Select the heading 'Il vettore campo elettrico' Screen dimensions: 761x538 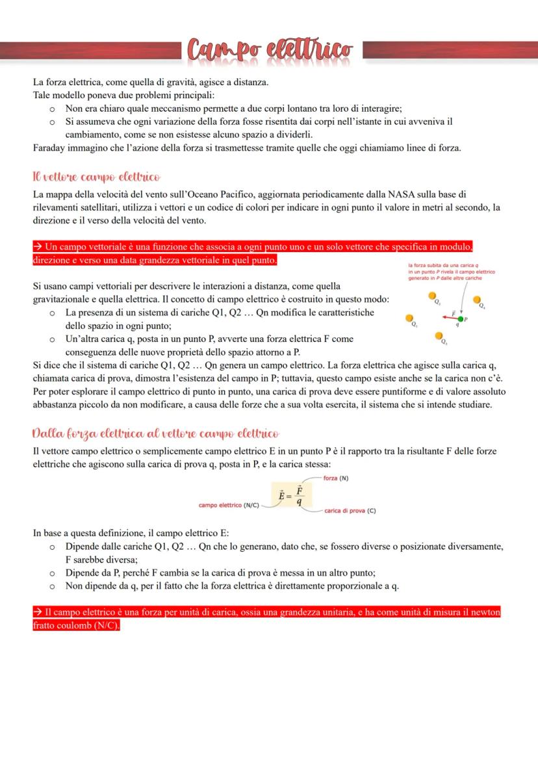click(x=96, y=177)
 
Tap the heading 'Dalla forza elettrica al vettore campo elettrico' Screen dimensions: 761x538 click(x=156, y=433)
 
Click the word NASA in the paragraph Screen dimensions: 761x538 click(x=404, y=194)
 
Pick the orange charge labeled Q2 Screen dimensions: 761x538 click(x=433, y=297)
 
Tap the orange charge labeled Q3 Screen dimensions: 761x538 click(x=440, y=336)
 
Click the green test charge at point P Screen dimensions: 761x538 click(x=461, y=319)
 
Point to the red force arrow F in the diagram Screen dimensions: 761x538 click(x=454, y=318)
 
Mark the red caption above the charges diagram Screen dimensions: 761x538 click(x=451, y=272)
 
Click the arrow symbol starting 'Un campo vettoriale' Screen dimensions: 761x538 click(x=38, y=248)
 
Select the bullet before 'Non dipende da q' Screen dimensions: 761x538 click(x=52, y=586)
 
